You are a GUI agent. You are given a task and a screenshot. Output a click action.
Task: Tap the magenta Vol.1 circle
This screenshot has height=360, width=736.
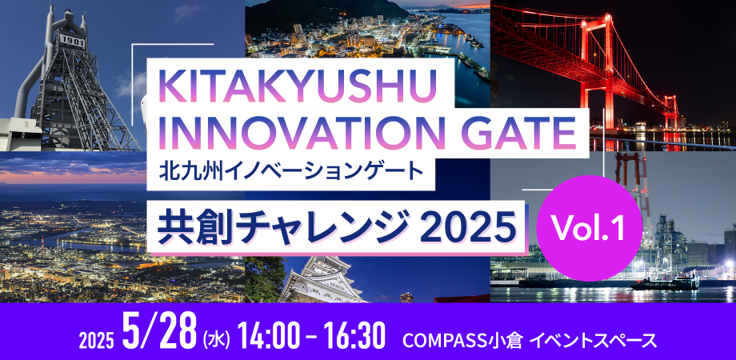(x=589, y=228)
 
